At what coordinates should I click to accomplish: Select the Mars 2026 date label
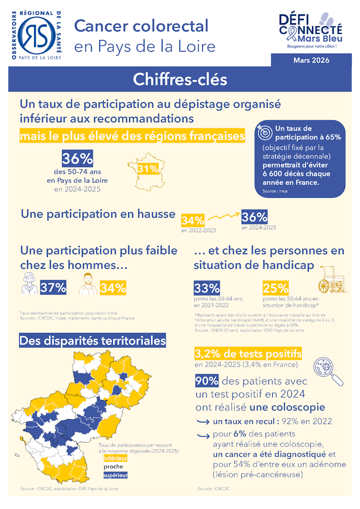311,60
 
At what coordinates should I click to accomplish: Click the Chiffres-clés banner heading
180,79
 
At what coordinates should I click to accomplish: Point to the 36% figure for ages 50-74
77,159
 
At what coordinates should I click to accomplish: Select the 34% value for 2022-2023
193,220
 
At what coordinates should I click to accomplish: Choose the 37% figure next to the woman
53,288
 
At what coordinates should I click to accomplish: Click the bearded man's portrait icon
88,284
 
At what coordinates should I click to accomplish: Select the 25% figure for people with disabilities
275,288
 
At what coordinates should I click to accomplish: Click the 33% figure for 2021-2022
207,288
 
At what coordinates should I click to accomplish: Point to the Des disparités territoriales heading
92,340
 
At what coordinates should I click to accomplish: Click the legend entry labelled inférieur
115,458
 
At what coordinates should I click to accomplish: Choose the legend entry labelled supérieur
115,475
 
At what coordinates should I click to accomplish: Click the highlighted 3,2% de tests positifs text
248,354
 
